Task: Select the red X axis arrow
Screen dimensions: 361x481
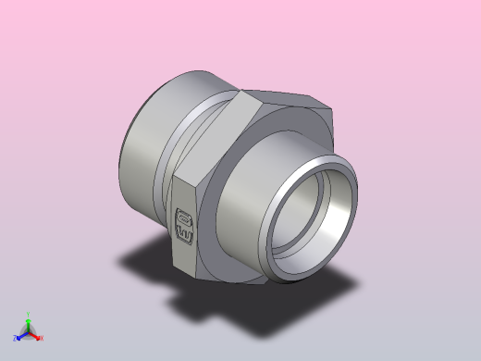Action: tap(36, 336)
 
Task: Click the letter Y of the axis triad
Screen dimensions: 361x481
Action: tap(28, 313)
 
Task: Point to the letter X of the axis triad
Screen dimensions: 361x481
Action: tap(42, 338)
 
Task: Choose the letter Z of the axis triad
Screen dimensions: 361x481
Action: tap(15, 339)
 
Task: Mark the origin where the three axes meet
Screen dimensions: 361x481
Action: tap(28, 332)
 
